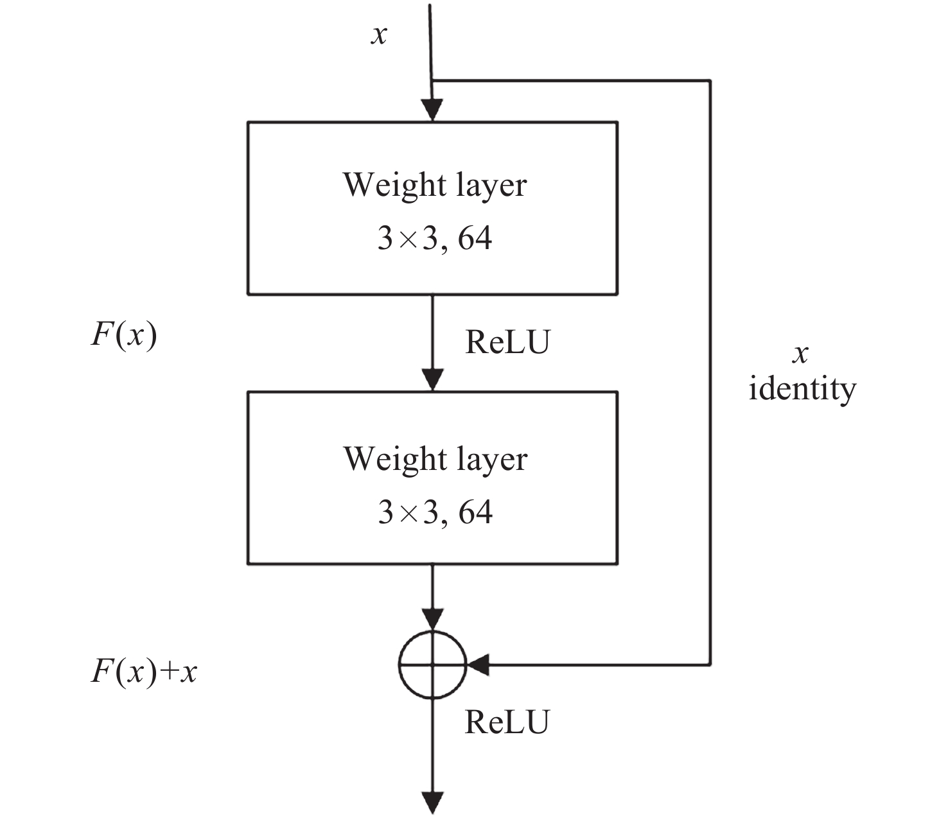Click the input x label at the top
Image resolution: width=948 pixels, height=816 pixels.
click(x=379, y=35)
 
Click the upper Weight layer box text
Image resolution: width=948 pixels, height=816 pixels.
click(x=435, y=185)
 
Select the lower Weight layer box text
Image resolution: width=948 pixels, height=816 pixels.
click(x=435, y=459)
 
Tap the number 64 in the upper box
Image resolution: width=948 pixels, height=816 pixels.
click(x=475, y=239)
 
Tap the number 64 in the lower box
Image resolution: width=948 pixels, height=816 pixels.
click(x=475, y=512)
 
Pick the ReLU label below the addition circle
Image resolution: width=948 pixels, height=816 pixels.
click(x=507, y=722)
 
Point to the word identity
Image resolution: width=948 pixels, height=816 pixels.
click(x=802, y=388)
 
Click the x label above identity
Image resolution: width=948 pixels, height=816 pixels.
click(x=800, y=354)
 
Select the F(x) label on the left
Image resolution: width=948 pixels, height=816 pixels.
click(x=124, y=335)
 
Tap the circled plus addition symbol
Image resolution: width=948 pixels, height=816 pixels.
click(x=432, y=665)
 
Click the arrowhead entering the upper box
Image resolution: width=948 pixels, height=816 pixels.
click(x=432, y=111)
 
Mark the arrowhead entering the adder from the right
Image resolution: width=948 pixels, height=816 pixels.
click(x=478, y=665)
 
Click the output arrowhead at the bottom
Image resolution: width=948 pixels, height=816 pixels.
click(x=433, y=803)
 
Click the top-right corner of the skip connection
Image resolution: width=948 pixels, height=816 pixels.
click(x=710, y=81)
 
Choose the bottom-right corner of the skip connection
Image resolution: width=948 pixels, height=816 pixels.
click(x=710, y=664)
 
